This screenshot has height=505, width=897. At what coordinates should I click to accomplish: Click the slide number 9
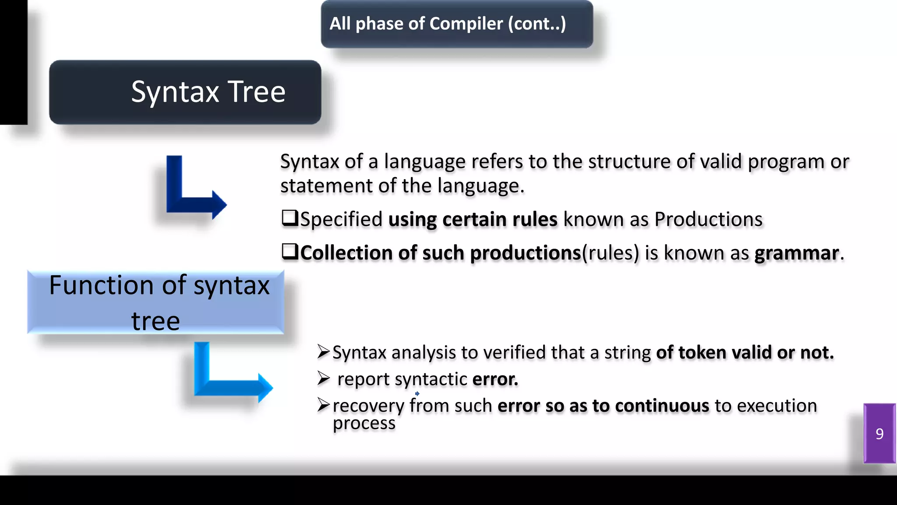[x=879, y=434]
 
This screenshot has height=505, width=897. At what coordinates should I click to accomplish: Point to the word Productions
[x=708, y=219]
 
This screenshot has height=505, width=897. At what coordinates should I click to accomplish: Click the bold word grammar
[x=796, y=253]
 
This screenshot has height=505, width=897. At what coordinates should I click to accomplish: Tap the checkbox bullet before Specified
[x=290, y=218]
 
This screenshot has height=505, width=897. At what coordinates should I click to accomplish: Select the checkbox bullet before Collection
[x=290, y=252]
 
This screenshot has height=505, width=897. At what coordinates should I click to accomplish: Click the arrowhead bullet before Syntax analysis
[x=323, y=352]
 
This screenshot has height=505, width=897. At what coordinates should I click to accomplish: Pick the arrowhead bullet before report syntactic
[x=323, y=378]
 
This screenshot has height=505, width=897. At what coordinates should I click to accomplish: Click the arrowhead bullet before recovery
[x=323, y=405]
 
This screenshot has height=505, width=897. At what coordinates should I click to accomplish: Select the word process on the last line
[x=364, y=423]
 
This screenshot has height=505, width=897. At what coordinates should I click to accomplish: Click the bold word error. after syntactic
[x=495, y=379]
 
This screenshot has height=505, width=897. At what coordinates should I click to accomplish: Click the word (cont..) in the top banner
[x=537, y=24]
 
